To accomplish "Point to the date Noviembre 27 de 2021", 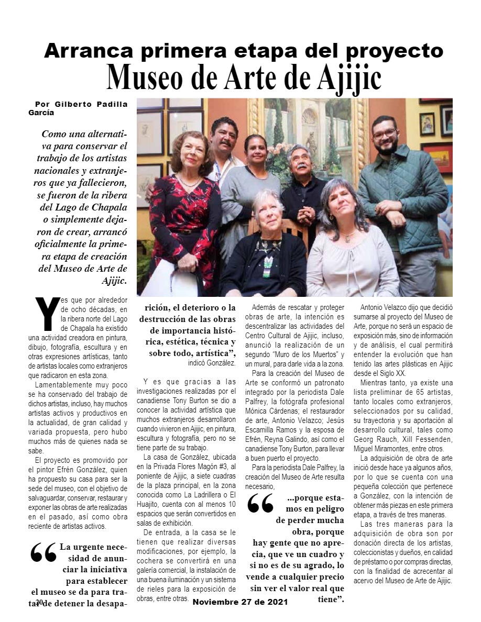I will pos(240,602).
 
